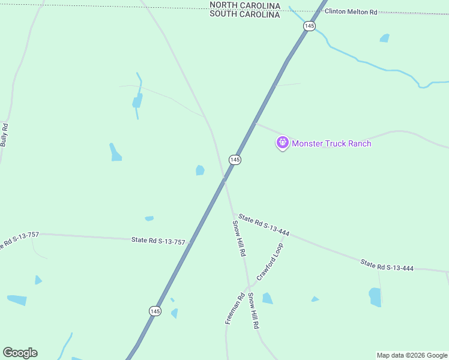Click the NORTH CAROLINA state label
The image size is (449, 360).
[x=244, y=5]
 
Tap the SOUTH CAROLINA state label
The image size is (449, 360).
[x=244, y=14]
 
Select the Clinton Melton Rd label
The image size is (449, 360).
[x=351, y=11]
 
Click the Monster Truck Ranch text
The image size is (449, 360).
[x=331, y=143]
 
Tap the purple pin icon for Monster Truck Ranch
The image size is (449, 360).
[x=283, y=143]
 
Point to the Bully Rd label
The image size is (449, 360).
[x=5, y=135]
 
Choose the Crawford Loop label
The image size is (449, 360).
[x=270, y=262]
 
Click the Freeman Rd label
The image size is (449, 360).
[x=235, y=308]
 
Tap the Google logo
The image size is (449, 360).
[x=20, y=353]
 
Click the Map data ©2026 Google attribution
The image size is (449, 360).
[x=412, y=355]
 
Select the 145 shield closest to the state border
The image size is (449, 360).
[x=309, y=26]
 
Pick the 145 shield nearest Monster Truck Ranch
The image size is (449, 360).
[x=235, y=160]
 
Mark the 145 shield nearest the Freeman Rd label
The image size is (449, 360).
[x=155, y=310]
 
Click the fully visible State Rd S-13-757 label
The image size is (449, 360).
[x=158, y=241]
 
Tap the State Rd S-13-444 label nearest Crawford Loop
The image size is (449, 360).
[x=264, y=224]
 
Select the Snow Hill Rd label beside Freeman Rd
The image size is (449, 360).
[x=253, y=310]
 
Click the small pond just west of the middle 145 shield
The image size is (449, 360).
[x=200, y=170]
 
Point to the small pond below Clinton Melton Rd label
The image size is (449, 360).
[x=384, y=38]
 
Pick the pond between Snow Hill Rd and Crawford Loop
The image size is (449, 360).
[x=267, y=298]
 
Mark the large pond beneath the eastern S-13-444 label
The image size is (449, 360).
[x=375, y=296]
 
